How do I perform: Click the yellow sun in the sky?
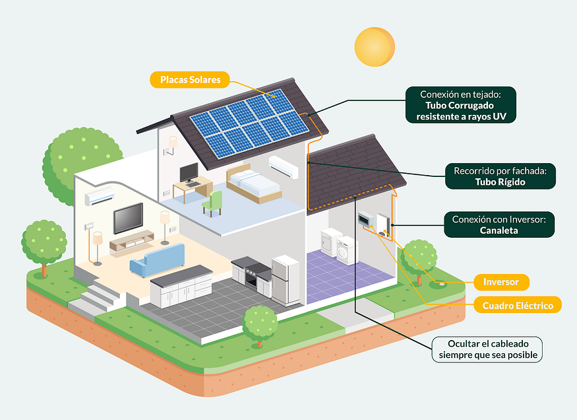374,46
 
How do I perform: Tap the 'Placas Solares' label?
189,81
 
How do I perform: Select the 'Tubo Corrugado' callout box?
460,105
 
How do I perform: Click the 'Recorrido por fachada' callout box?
500,176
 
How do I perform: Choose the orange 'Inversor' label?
501,282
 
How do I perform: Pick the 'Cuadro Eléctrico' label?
517,305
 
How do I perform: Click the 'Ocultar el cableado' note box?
487,349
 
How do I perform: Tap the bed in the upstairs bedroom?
254,183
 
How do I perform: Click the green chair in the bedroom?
213,202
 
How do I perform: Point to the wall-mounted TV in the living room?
128,218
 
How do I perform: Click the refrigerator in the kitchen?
286,279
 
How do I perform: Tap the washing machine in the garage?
345,250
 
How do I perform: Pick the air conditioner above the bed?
283,166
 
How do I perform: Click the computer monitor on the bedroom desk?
189,173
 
